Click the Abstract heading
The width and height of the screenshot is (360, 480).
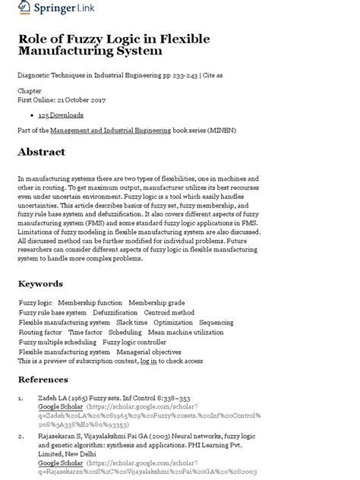[42, 152]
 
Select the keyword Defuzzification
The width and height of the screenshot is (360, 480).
[115, 312]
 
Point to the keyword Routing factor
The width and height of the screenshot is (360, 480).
[40, 332]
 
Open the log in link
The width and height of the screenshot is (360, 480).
[149, 362]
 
